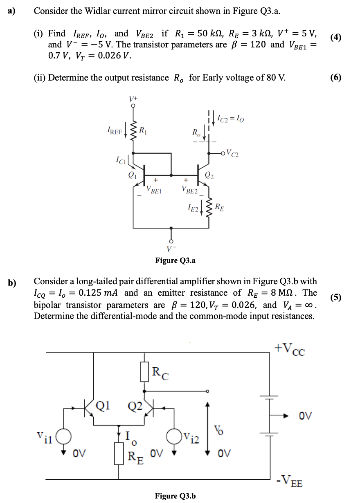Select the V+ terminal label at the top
coord(133,99)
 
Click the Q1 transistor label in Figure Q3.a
coord(132,175)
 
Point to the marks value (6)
coord(335,77)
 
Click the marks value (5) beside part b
coord(335,297)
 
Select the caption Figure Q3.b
coord(175,496)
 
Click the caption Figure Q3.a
coord(175,260)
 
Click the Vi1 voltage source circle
coord(64,436)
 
